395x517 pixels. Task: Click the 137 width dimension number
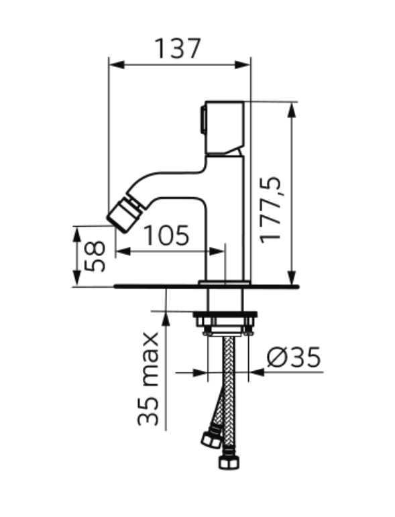[x=178, y=48]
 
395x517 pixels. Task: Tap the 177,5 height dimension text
[x=270, y=211]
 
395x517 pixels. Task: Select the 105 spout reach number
[x=167, y=235]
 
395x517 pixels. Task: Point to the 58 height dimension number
[x=95, y=256]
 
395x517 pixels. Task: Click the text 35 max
[x=148, y=379]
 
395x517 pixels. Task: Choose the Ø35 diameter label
[x=293, y=357]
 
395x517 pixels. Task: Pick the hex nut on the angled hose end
[x=211, y=439]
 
